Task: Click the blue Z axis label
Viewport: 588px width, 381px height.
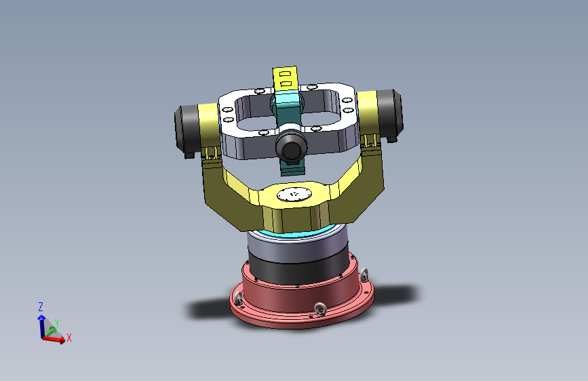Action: click(41, 306)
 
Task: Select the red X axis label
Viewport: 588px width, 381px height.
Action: click(69, 337)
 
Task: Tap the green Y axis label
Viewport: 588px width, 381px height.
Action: click(57, 323)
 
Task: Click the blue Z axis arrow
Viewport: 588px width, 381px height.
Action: click(41, 323)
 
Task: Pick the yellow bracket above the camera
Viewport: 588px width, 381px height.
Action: click(286, 77)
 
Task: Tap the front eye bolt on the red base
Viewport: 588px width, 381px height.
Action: click(320, 310)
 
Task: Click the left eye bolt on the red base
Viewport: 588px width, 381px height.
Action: click(237, 298)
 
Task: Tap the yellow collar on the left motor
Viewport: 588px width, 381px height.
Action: click(206, 125)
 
